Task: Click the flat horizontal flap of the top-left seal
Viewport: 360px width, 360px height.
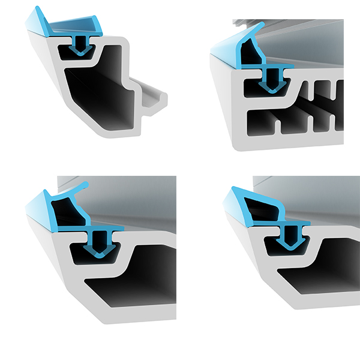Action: tap(75, 25)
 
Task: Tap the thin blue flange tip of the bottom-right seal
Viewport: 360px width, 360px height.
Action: tap(307, 223)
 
